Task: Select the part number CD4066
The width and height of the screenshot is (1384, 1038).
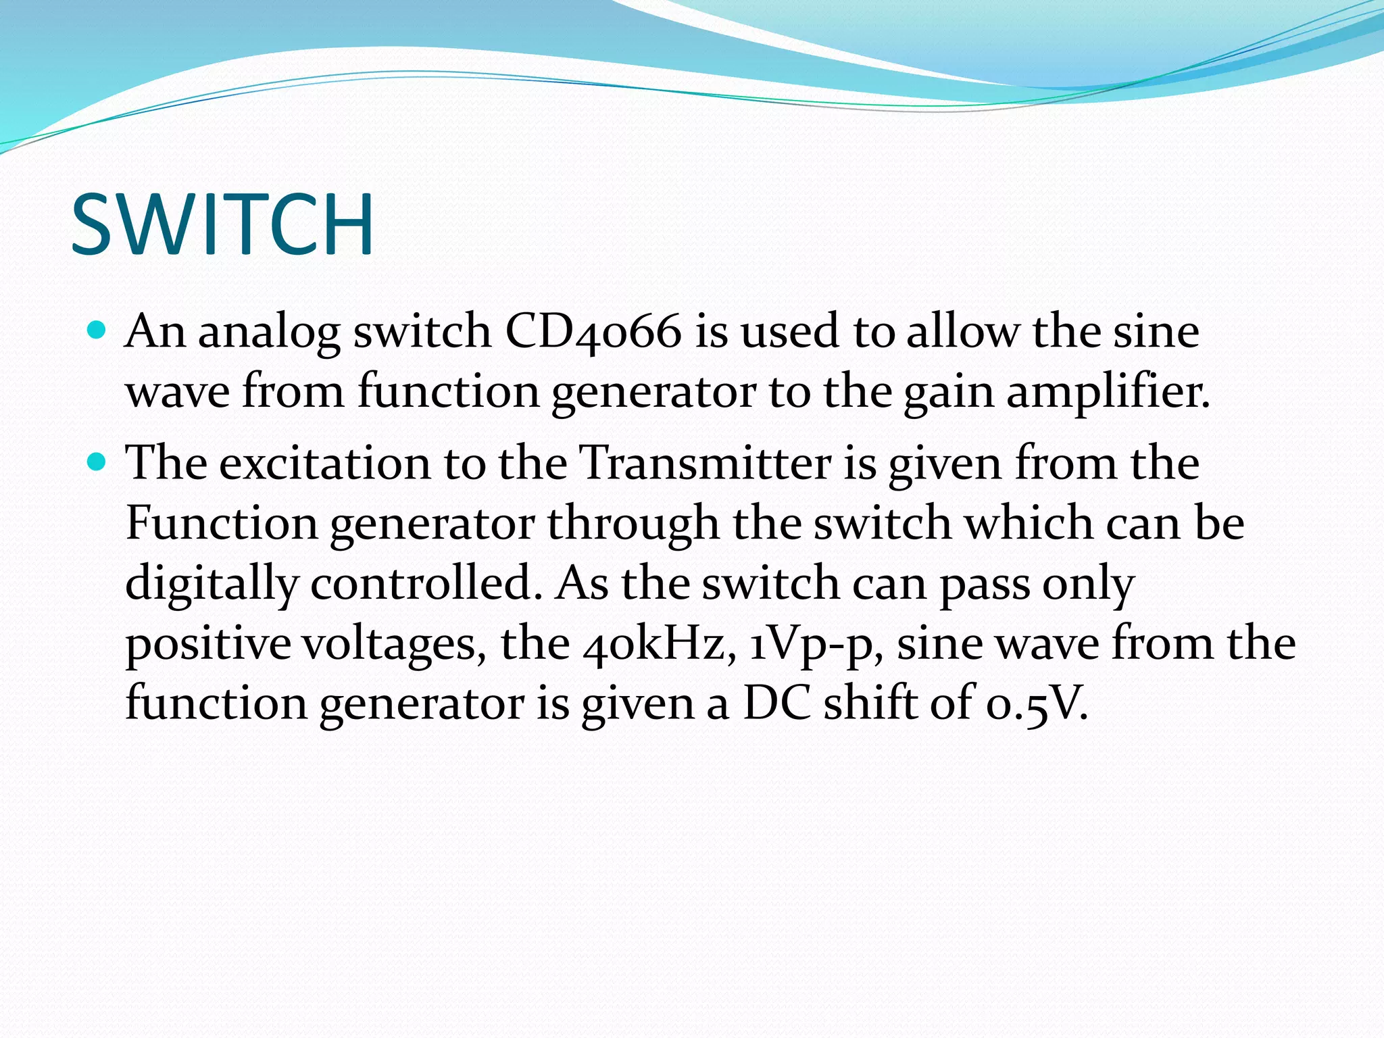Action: (593, 332)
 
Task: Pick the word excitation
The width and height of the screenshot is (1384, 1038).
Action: (324, 464)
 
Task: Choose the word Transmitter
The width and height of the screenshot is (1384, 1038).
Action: (706, 464)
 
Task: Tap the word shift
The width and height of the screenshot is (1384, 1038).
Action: (870, 703)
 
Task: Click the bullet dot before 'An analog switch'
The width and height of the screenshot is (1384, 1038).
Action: (97, 331)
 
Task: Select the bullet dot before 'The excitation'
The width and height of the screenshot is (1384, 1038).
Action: (97, 463)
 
